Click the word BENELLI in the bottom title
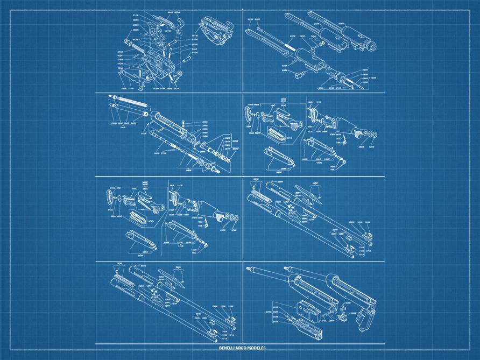click(x=228, y=348)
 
